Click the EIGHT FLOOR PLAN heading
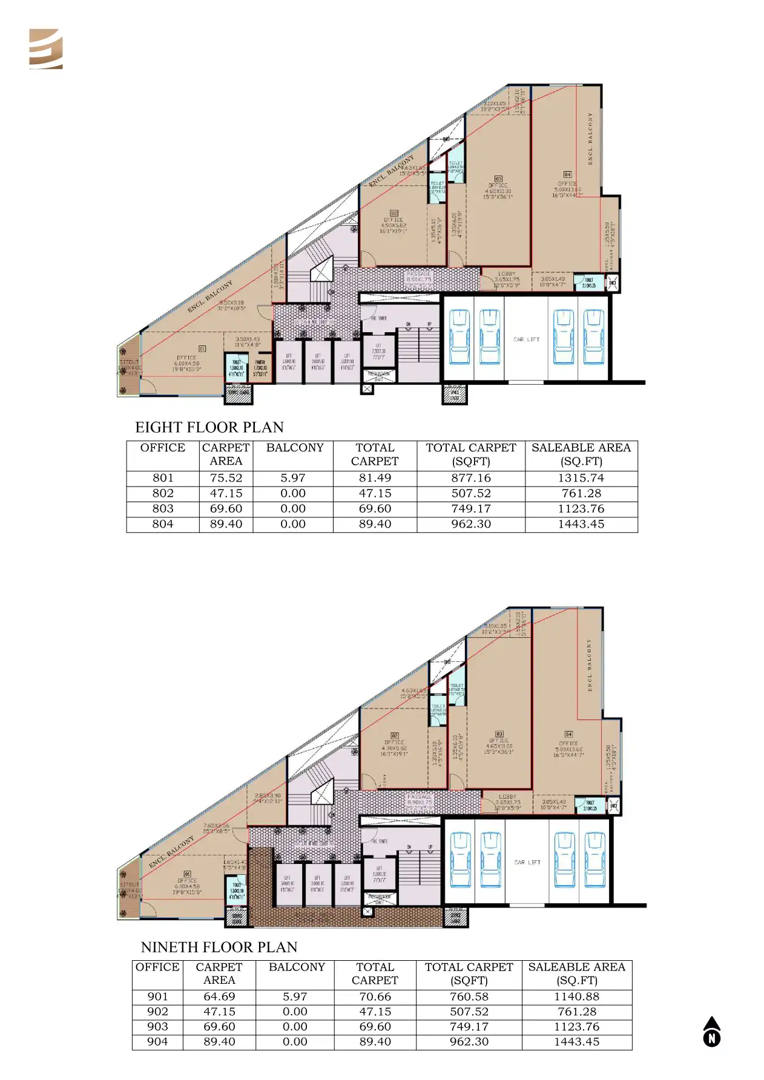209,427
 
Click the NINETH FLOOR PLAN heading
219,947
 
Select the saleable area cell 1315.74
581,478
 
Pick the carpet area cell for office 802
226,493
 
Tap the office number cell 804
163,524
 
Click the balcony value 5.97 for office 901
295,997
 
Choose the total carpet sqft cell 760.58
469,997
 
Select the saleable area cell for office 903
576,1027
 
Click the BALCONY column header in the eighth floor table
295,448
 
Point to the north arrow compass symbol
712,1032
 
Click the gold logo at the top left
46,49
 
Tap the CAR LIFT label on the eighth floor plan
525,339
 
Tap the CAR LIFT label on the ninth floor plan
527,862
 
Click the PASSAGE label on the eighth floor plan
419,274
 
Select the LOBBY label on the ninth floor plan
507,797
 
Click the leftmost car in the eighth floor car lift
459,336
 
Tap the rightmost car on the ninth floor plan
594,860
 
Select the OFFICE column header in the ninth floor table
157,967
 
